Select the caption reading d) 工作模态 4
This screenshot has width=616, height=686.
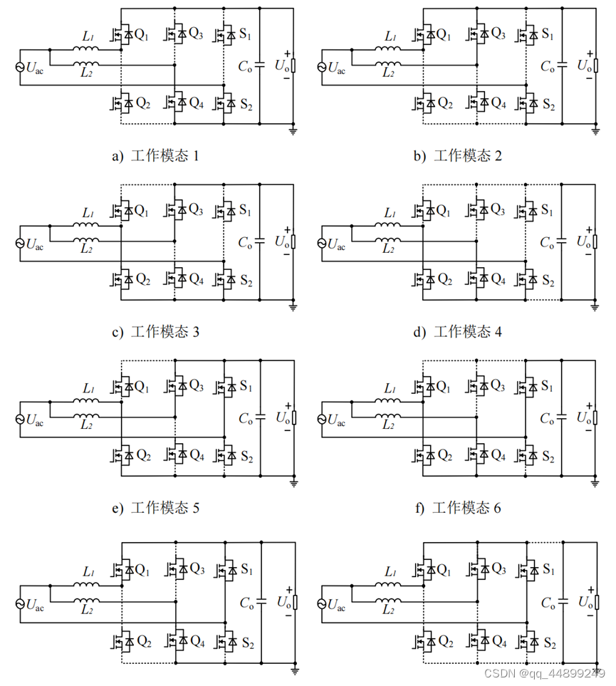(x=457, y=331)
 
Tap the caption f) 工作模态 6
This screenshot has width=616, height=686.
(x=457, y=507)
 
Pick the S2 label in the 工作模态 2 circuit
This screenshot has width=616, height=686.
(x=549, y=105)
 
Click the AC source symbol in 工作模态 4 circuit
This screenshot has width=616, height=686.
(x=320, y=243)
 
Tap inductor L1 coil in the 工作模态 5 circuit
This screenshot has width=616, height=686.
(x=89, y=401)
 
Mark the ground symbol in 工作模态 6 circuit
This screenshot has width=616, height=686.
(x=596, y=483)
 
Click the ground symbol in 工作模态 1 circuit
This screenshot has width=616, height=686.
(x=293, y=131)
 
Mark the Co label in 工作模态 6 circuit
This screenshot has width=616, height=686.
(x=547, y=419)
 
